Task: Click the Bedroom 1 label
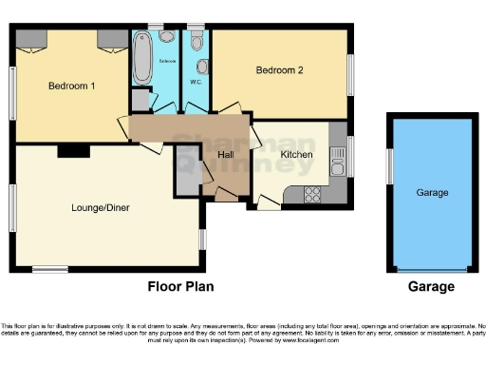[71, 85]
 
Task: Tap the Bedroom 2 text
[280, 70]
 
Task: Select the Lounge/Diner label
[101, 207]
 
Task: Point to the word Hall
[227, 154]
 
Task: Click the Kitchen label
[297, 154]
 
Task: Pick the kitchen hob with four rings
[311, 196]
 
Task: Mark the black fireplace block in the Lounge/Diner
[72, 150]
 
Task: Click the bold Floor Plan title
[180, 286]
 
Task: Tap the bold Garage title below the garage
[431, 286]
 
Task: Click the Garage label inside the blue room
[432, 193]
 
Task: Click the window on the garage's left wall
[389, 167]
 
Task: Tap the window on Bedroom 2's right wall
[350, 70]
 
